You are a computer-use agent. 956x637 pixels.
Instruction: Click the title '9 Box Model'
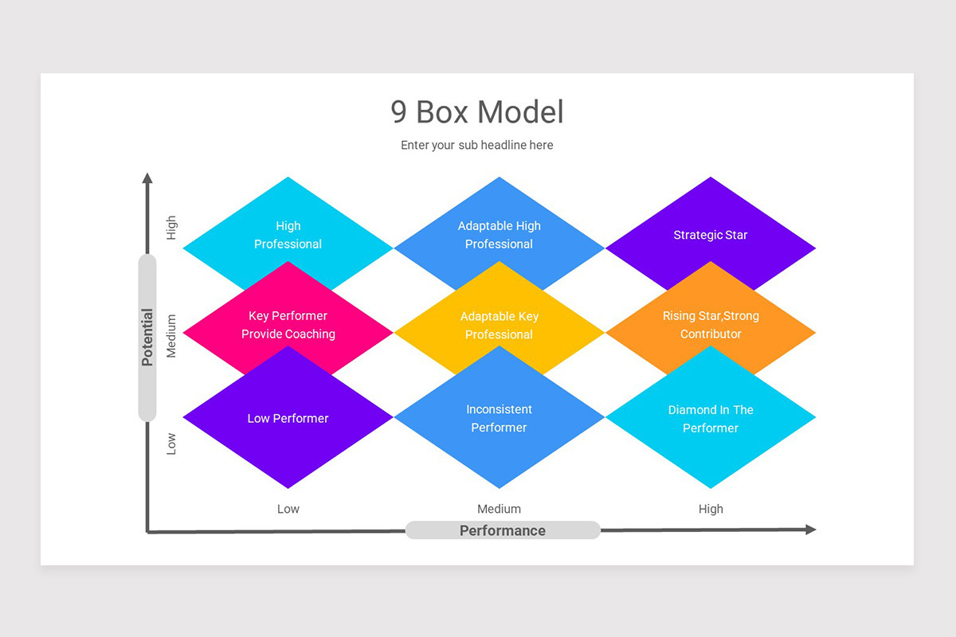(x=477, y=112)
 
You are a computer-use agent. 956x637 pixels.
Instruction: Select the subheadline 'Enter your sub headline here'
(x=477, y=145)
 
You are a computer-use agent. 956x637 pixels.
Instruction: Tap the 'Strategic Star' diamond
(x=711, y=235)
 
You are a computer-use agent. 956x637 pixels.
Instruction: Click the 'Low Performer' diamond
(x=288, y=419)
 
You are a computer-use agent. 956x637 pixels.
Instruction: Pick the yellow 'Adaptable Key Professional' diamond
(x=500, y=326)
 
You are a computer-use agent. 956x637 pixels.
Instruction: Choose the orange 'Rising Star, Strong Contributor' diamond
(x=711, y=325)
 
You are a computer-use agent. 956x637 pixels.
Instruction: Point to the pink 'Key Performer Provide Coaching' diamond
(x=288, y=325)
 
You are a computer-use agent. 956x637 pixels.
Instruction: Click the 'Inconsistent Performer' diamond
(x=500, y=419)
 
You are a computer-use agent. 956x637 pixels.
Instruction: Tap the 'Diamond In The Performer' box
(x=711, y=419)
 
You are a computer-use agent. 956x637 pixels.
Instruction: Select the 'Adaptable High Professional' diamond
(x=500, y=234)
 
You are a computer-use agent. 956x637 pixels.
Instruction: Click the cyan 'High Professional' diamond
(x=288, y=234)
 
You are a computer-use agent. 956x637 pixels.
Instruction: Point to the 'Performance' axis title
(x=503, y=530)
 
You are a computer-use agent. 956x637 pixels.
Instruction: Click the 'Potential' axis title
(x=147, y=337)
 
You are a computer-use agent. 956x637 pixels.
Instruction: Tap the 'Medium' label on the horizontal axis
(x=500, y=509)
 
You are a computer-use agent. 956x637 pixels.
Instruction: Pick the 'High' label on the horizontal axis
(x=711, y=509)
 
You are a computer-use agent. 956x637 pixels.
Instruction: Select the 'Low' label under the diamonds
(x=288, y=509)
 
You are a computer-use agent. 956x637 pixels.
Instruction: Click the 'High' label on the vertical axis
(x=171, y=229)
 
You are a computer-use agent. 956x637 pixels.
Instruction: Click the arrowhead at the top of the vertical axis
(x=147, y=178)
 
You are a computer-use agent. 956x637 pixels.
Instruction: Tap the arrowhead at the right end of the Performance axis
(x=810, y=530)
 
